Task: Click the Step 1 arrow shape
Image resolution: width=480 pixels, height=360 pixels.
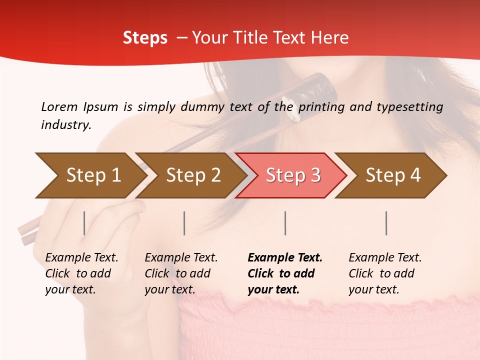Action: pos(90,175)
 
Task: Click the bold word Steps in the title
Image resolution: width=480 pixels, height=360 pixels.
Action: pos(145,38)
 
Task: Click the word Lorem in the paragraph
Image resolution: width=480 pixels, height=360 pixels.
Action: pos(59,106)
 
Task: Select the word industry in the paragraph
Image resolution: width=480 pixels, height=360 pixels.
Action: pos(66,125)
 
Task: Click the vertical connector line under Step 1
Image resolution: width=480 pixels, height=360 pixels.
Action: pos(84,223)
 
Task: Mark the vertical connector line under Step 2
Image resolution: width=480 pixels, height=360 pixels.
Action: pos(184,223)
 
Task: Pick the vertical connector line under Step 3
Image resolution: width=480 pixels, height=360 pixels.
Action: pos(285,223)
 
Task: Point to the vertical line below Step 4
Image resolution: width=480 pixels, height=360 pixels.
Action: pos(386,223)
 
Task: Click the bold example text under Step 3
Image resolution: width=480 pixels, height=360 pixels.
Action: pos(284,273)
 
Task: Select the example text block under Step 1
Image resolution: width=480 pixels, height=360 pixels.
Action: pos(81,273)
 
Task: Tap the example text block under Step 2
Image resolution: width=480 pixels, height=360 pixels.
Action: pos(180,273)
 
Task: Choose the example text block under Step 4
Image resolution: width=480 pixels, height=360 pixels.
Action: pos(384,273)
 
